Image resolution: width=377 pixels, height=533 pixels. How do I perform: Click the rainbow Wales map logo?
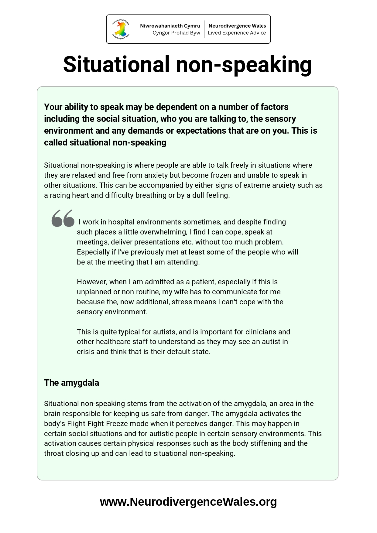(121, 29)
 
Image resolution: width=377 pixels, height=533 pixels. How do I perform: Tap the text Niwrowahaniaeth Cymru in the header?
(170, 26)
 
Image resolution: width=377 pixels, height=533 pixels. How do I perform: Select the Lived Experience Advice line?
(237, 33)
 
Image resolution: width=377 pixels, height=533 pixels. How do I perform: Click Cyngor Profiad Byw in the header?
(176, 33)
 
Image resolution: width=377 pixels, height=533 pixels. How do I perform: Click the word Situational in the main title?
(116, 64)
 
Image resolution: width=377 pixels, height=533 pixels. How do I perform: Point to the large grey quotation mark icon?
(63, 218)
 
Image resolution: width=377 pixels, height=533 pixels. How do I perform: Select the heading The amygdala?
(71, 383)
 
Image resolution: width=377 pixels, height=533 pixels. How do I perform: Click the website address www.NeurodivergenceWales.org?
(188, 502)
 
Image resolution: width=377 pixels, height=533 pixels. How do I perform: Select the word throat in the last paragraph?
(53, 453)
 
